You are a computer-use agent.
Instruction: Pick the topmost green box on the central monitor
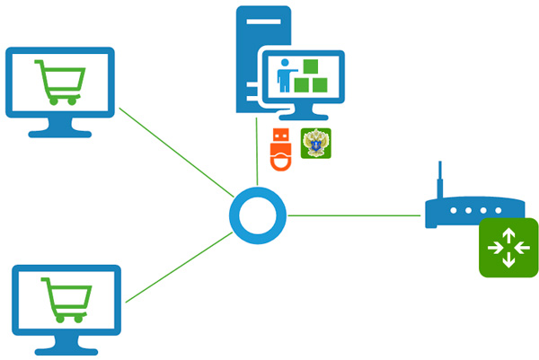(311, 66)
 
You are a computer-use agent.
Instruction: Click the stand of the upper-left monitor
(60, 128)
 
